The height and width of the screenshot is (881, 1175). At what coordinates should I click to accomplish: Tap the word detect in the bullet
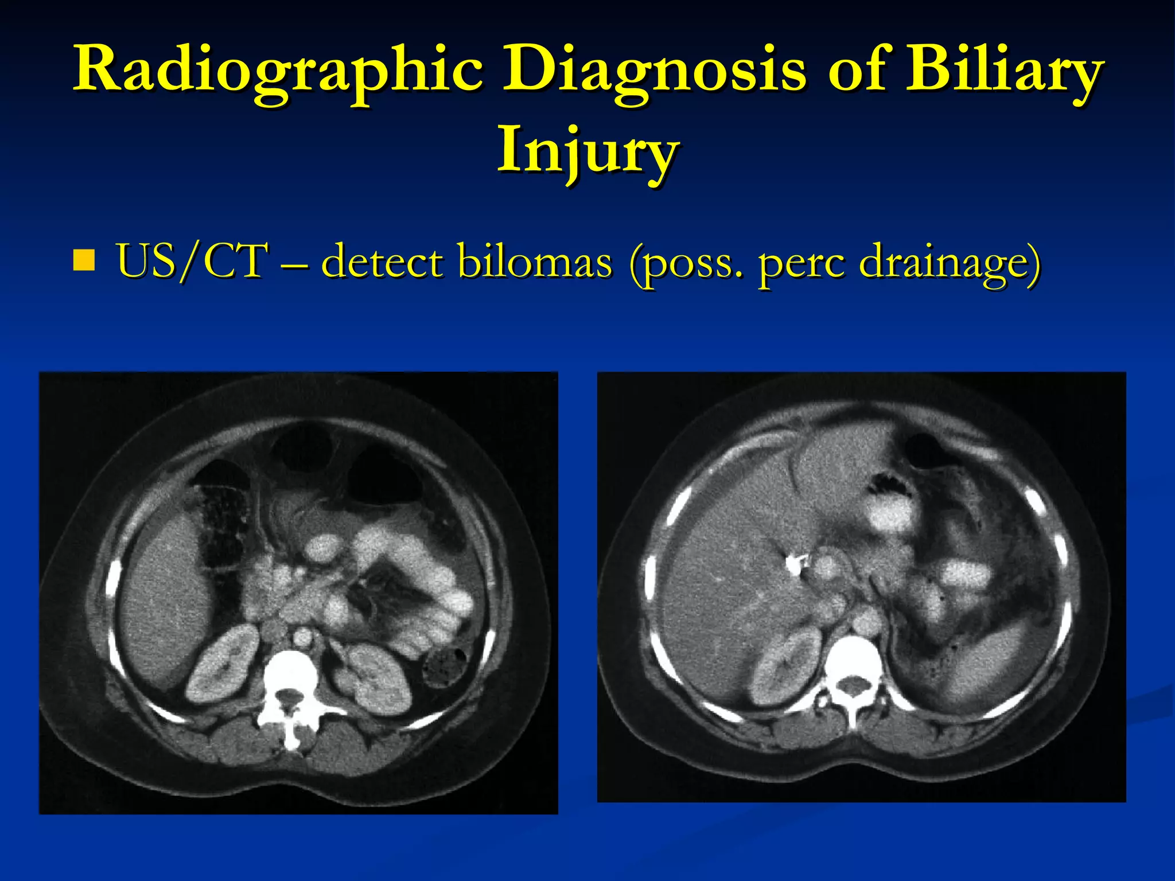383,261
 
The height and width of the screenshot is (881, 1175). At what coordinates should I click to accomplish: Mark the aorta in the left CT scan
302,635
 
